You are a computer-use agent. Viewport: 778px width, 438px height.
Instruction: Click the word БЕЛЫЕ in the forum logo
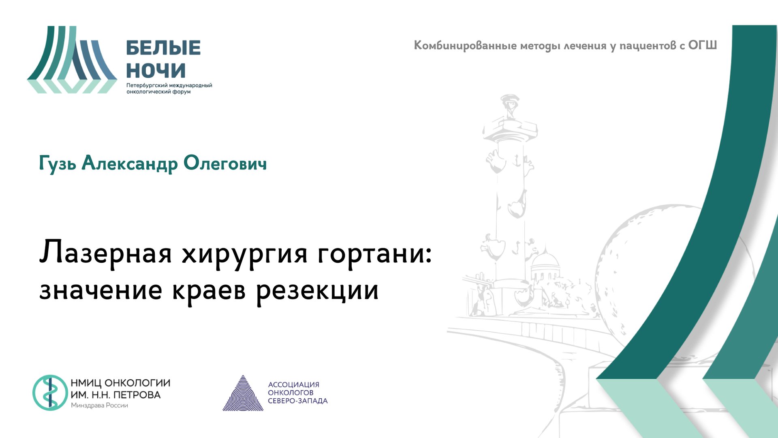click(x=163, y=48)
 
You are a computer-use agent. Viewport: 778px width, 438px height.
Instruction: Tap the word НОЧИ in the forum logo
click(x=156, y=71)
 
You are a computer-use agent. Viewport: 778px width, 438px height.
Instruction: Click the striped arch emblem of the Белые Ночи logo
click(x=72, y=60)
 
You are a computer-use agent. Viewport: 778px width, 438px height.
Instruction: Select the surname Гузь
click(x=58, y=164)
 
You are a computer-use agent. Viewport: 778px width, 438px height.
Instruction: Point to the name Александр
click(x=130, y=164)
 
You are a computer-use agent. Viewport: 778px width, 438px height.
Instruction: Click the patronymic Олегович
click(x=225, y=163)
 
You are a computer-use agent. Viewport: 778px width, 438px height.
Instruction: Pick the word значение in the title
click(x=101, y=290)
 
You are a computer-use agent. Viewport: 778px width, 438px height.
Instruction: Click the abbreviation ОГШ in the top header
click(x=702, y=45)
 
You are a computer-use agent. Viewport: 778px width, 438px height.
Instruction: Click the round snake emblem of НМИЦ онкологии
click(x=50, y=393)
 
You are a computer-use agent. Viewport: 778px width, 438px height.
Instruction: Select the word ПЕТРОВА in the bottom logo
click(x=137, y=395)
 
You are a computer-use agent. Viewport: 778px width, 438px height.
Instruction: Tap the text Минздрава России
click(x=99, y=405)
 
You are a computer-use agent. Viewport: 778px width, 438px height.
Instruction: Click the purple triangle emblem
click(x=243, y=394)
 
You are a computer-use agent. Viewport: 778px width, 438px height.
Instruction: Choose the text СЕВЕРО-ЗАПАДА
click(x=297, y=401)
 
